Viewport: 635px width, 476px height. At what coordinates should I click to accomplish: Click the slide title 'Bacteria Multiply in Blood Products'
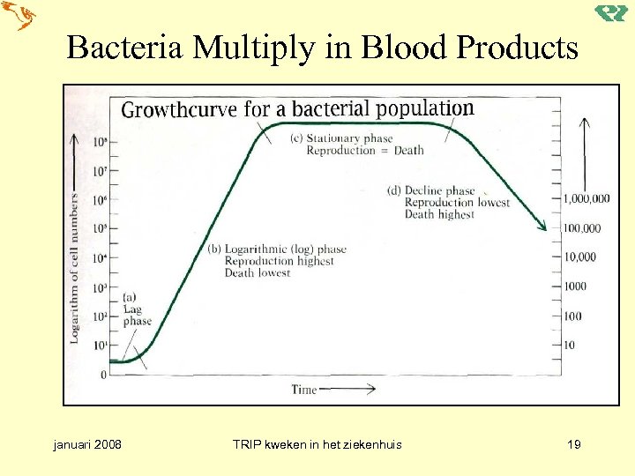tap(322, 48)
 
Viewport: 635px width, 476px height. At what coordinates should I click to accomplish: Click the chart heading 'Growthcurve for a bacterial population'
tap(297, 109)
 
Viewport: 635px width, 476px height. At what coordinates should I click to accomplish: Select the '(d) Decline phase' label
tap(431, 190)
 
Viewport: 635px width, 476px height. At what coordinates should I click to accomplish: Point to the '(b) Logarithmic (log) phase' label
tap(277, 249)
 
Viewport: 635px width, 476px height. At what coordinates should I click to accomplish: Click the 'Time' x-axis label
tap(303, 390)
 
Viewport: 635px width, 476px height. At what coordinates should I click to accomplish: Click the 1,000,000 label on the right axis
tap(593, 199)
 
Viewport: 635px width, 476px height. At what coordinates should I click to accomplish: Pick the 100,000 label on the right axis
tap(582, 228)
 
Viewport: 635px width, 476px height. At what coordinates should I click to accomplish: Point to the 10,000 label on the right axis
tap(579, 257)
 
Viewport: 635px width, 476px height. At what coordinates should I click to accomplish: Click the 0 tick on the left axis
tap(103, 376)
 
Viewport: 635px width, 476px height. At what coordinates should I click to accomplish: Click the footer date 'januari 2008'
tap(87, 444)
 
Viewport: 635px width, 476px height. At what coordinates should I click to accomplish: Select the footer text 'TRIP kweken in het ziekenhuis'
tap(317, 444)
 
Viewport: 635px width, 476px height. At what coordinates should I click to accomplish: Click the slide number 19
tap(573, 444)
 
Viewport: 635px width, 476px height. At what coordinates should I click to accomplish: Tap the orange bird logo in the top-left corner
tap(19, 17)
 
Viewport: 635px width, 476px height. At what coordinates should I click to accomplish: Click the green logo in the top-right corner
tap(610, 14)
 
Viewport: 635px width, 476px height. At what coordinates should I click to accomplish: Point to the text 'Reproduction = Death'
tap(364, 151)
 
